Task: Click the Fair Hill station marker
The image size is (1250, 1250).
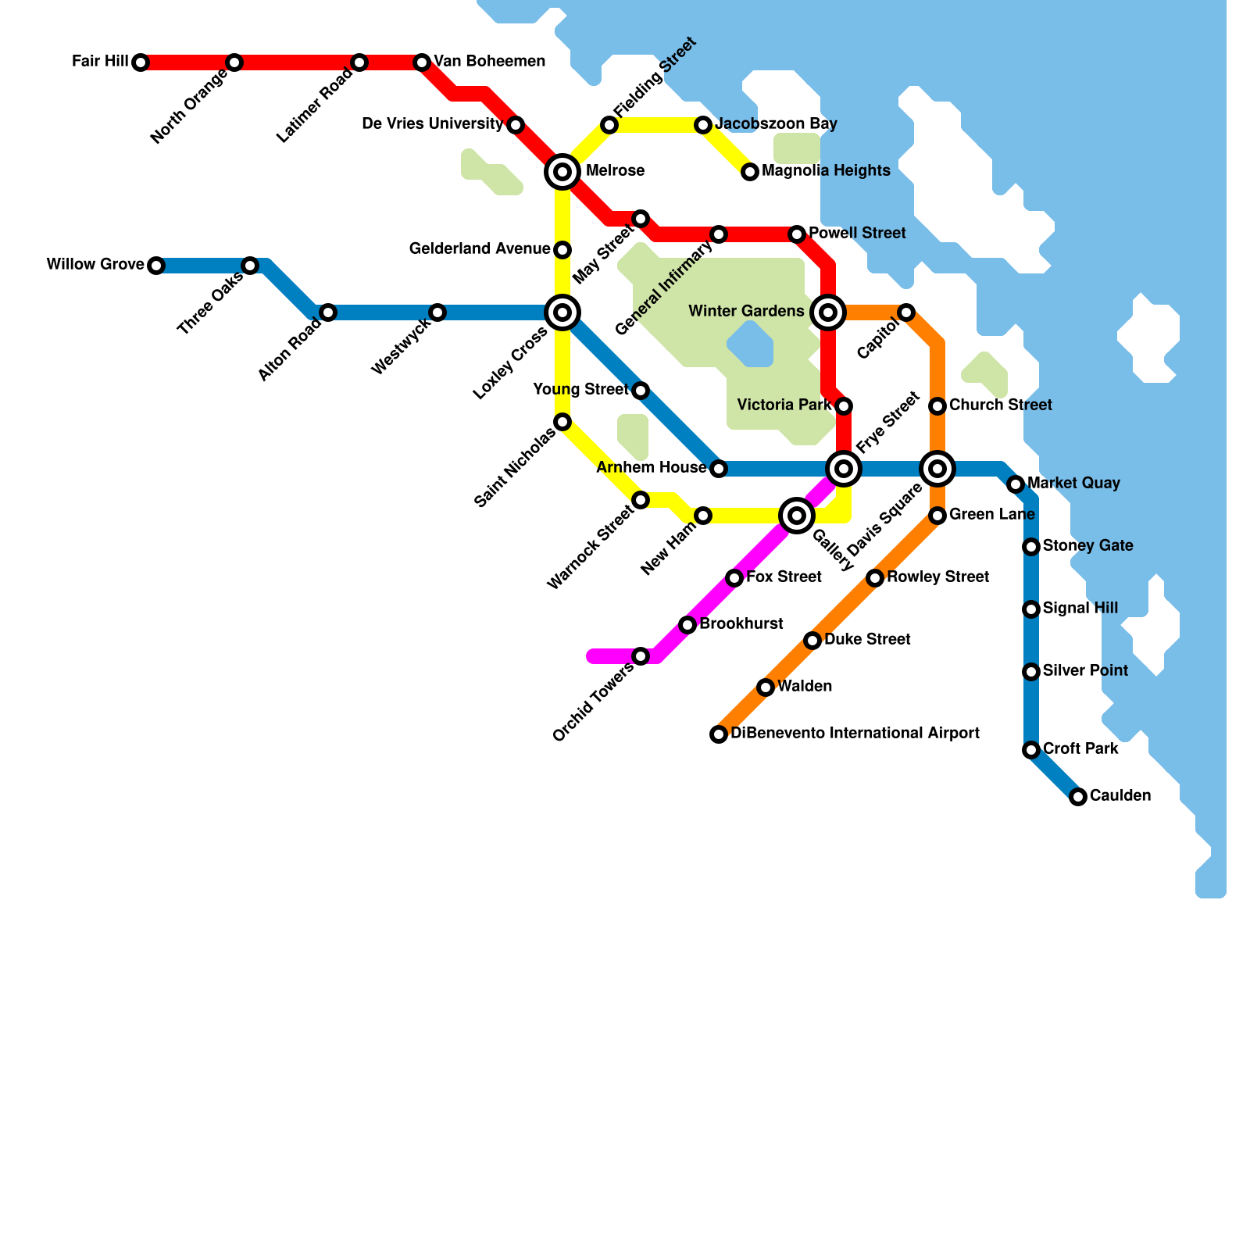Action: pos(141,62)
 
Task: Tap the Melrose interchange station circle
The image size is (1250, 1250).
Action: pos(562,171)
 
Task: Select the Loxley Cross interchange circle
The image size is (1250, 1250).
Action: pos(562,312)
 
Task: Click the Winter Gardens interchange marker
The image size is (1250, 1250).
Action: pos(828,312)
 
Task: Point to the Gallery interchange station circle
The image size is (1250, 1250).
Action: pos(797,516)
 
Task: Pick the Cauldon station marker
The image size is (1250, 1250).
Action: pos(1078,797)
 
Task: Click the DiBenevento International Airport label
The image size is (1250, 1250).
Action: pos(855,734)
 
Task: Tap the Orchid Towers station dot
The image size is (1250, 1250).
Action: pos(641,656)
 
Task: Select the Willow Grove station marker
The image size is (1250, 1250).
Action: pos(156,266)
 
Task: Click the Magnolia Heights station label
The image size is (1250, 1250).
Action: pos(826,171)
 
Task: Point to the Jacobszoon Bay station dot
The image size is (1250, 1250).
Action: pos(703,125)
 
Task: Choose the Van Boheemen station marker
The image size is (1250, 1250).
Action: pos(422,62)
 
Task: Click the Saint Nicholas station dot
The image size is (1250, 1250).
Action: pos(562,422)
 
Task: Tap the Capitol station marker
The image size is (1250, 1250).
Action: pos(906,312)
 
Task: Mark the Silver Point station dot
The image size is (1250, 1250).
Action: pos(1031,672)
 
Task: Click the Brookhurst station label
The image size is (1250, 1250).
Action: pos(741,624)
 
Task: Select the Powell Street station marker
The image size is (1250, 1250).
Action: pos(797,234)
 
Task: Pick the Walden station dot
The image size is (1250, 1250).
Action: pos(766,687)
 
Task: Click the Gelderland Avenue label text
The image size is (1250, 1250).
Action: pos(480,249)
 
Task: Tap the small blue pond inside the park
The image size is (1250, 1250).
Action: pos(751,345)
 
